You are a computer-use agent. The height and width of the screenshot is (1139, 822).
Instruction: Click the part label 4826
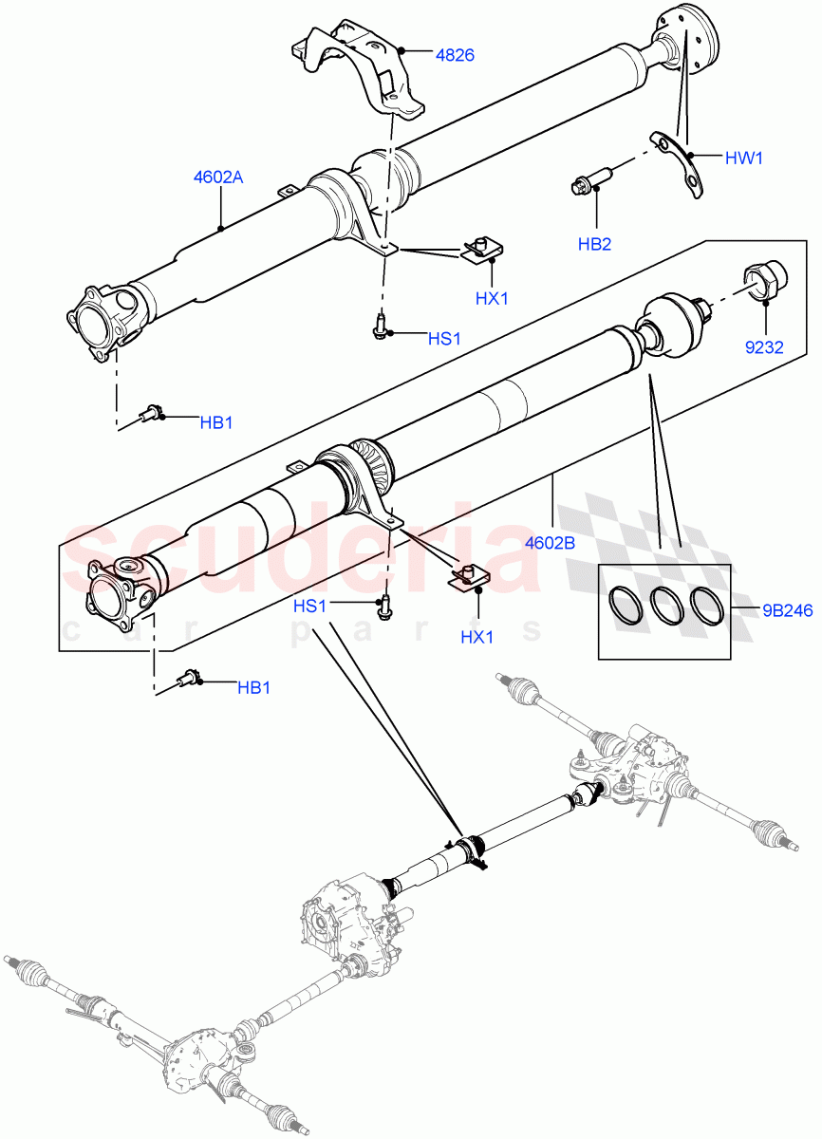click(x=455, y=55)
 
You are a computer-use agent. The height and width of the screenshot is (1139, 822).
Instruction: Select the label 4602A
click(x=218, y=177)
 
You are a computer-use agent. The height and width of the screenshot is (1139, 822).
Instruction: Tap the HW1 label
click(x=743, y=159)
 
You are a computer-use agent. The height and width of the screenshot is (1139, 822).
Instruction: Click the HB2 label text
click(x=594, y=244)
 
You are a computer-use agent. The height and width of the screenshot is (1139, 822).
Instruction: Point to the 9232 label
click(x=763, y=346)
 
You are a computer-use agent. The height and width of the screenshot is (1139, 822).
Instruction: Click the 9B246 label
click(x=787, y=610)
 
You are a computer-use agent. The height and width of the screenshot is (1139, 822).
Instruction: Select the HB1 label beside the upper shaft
click(x=215, y=422)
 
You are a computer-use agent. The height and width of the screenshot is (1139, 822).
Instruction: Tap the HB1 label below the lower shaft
click(x=253, y=687)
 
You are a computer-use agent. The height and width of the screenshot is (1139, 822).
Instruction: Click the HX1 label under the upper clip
click(x=493, y=298)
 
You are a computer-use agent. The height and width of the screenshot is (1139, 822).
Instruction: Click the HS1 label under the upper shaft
click(x=444, y=338)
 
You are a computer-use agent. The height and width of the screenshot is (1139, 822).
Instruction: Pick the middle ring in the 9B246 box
click(x=664, y=606)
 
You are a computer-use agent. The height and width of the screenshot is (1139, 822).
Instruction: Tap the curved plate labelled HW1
click(x=682, y=161)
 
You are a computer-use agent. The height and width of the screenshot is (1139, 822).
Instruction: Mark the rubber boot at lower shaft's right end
click(x=670, y=326)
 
